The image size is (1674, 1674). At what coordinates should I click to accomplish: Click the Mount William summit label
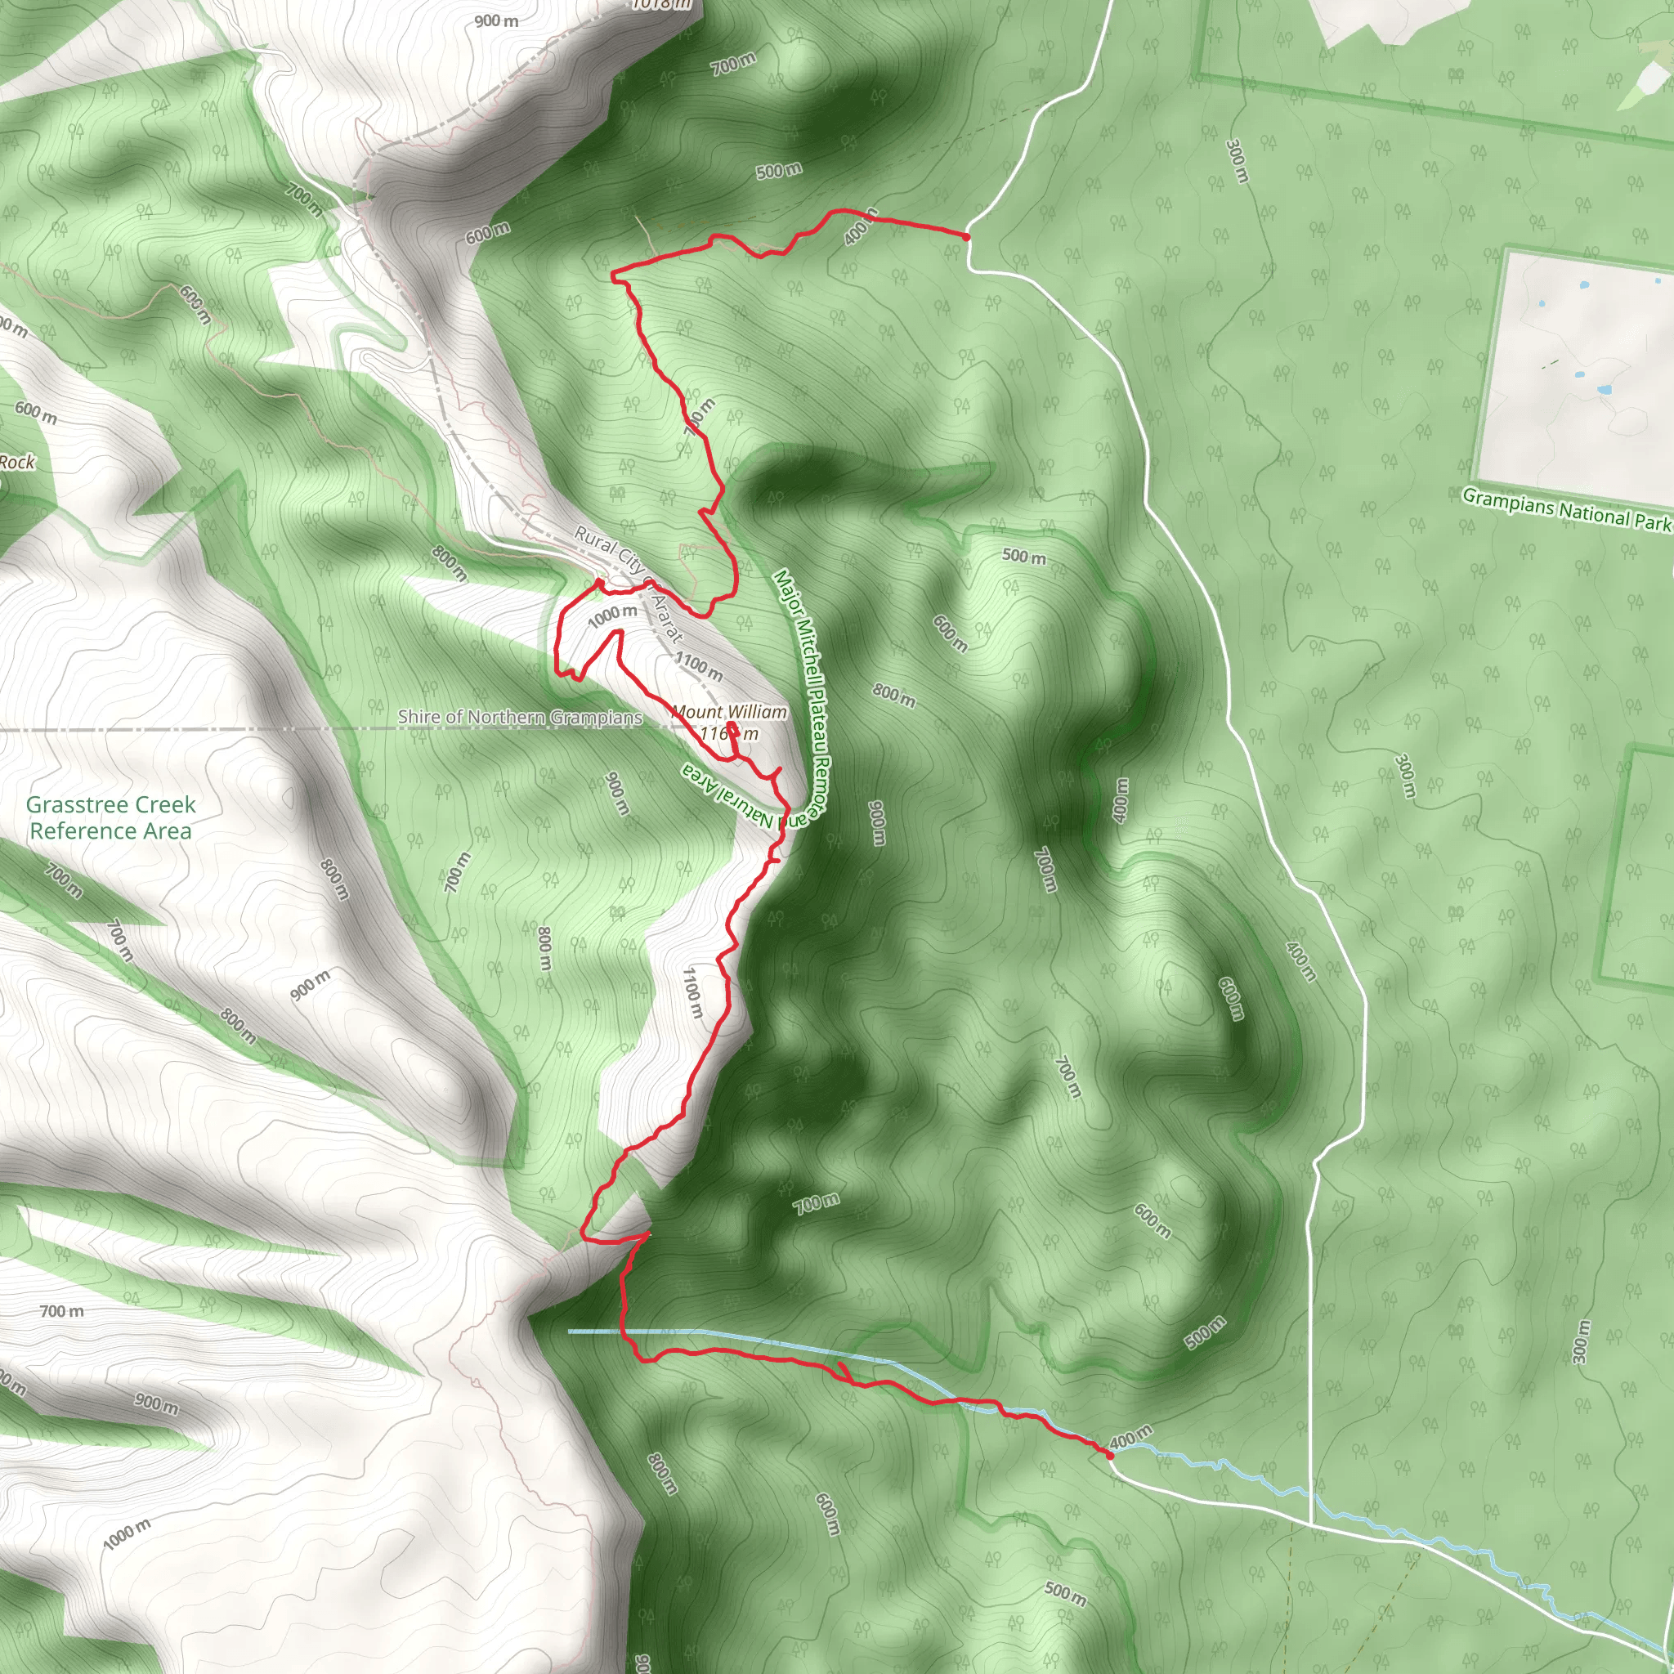click(730, 712)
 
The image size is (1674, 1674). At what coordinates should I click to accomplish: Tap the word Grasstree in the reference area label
click(69, 805)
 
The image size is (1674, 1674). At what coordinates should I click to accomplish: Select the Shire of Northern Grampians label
click(520, 718)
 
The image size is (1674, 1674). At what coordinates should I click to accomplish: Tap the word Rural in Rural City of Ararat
click(595, 539)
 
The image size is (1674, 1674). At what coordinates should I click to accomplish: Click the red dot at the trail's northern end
click(966, 235)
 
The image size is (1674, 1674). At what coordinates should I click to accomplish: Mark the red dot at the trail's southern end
click(1110, 1456)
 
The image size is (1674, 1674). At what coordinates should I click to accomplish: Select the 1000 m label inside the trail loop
click(612, 615)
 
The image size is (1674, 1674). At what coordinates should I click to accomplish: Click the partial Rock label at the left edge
click(16, 463)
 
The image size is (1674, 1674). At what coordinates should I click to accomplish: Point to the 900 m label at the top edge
click(496, 20)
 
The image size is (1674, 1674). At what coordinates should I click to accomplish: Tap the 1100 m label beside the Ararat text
click(698, 665)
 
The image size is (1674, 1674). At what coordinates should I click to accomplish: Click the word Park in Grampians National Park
click(1651, 521)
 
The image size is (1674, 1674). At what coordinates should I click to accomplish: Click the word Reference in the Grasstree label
click(73, 831)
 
